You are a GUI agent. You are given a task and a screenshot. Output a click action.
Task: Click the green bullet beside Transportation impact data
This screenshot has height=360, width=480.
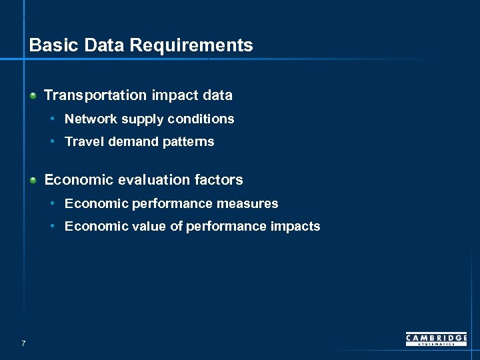click(x=33, y=95)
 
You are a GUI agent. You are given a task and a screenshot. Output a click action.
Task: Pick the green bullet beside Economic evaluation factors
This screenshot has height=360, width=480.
click(x=33, y=180)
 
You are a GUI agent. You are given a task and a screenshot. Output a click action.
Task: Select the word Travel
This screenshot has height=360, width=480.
click(x=80, y=141)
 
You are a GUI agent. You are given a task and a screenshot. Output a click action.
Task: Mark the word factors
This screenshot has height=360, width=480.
click(x=219, y=180)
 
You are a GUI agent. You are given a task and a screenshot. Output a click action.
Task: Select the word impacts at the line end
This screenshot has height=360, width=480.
click(x=295, y=226)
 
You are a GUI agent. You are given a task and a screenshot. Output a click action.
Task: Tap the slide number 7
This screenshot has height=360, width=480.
click(x=23, y=343)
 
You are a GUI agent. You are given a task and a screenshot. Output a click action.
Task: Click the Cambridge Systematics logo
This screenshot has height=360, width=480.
click(x=436, y=339)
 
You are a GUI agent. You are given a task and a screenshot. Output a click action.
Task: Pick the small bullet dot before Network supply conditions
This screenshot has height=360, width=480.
click(x=53, y=119)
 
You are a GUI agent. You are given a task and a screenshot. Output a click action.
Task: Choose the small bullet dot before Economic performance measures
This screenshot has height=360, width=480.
click(x=53, y=203)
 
